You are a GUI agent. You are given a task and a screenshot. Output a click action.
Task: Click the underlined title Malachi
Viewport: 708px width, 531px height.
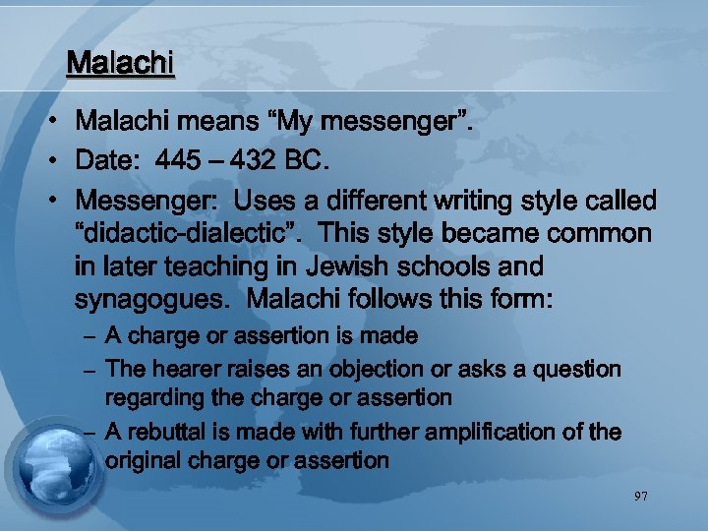tap(120, 64)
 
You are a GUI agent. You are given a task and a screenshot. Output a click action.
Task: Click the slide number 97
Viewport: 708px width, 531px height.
tap(640, 497)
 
